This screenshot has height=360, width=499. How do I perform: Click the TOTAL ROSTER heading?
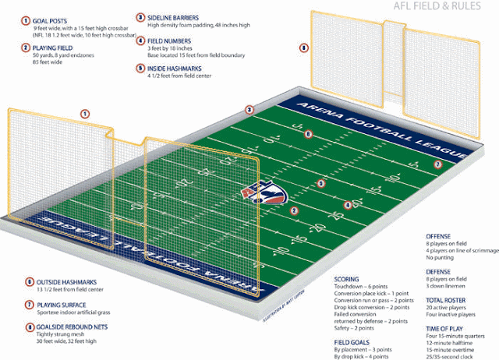pos(447,299)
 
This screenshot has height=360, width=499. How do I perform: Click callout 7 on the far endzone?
pos(437,165)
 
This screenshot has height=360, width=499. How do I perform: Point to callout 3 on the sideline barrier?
pos(249,110)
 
